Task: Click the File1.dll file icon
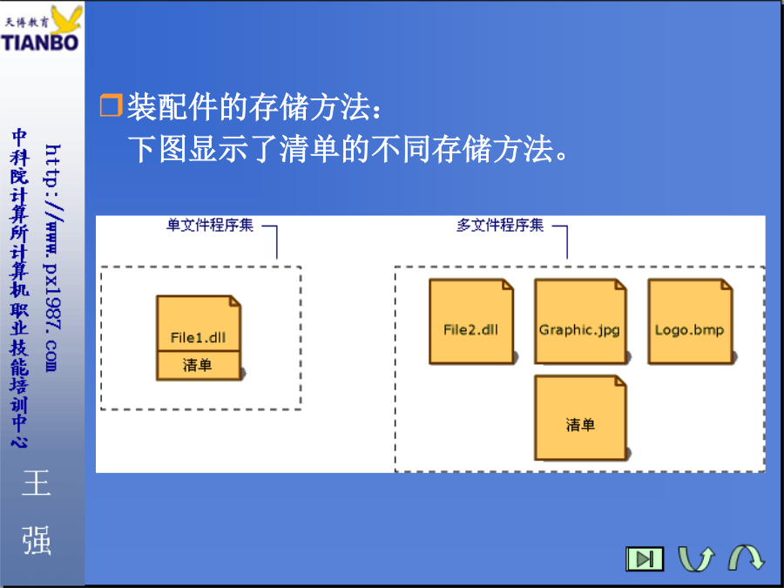[x=199, y=338]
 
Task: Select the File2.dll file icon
[x=471, y=321]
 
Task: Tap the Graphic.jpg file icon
[x=580, y=321]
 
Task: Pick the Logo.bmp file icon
[x=690, y=321]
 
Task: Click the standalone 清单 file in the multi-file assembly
[x=580, y=418]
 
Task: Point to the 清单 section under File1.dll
[x=199, y=365]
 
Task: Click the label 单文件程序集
[x=210, y=225]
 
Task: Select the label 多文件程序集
[x=500, y=225]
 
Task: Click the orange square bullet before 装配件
[x=111, y=105]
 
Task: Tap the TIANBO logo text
[x=40, y=43]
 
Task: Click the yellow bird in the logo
[x=67, y=19]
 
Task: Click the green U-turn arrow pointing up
[x=696, y=558]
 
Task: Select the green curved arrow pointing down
[x=747, y=557]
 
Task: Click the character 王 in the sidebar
[x=37, y=483]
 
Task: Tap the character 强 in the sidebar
[x=37, y=540]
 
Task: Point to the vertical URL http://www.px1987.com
[x=52, y=258]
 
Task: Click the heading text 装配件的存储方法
[x=248, y=106]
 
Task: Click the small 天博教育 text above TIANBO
[x=27, y=23]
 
